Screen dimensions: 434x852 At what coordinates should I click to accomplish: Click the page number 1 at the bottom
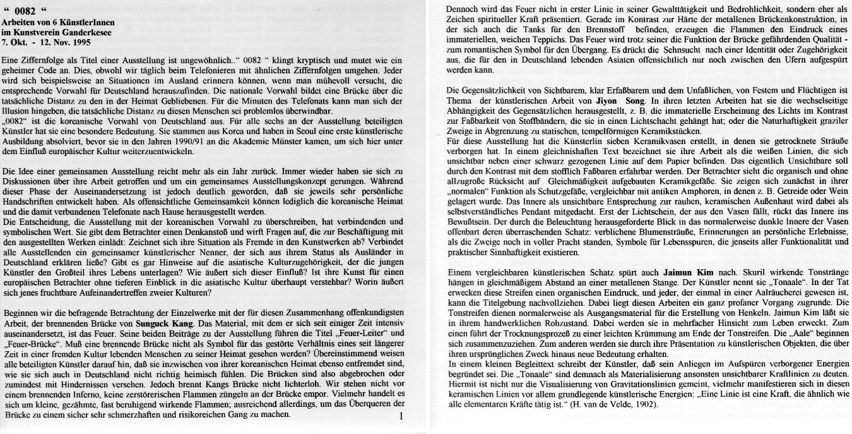coord(401,416)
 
